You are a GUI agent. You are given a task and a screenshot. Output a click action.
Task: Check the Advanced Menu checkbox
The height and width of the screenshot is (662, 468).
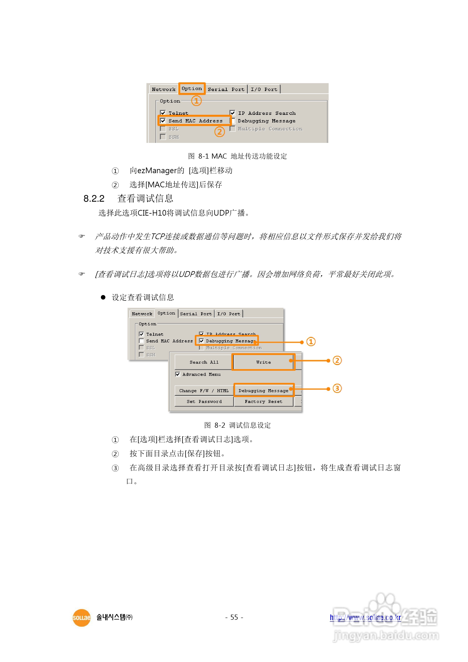pyautogui.click(x=178, y=374)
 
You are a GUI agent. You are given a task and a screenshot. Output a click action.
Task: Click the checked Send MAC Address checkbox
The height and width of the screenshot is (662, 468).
pyautogui.click(x=163, y=121)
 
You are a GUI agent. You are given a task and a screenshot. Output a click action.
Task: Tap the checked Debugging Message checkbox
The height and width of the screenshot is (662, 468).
pyautogui.click(x=201, y=341)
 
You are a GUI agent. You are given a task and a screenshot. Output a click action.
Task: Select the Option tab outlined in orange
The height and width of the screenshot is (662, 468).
pyautogui.click(x=192, y=88)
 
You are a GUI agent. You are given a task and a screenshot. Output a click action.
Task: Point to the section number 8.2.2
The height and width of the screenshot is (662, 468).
pyautogui.click(x=94, y=199)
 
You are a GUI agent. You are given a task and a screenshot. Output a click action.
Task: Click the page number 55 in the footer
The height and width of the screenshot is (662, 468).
pyautogui.click(x=234, y=617)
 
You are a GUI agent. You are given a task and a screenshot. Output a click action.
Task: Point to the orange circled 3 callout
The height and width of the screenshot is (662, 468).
pyautogui.click(x=337, y=388)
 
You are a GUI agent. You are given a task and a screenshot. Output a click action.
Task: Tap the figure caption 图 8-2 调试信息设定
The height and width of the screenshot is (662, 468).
pyautogui.click(x=237, y=425)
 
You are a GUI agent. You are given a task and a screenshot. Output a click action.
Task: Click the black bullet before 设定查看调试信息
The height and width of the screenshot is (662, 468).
pyautogui.click(x=103, y=297)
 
